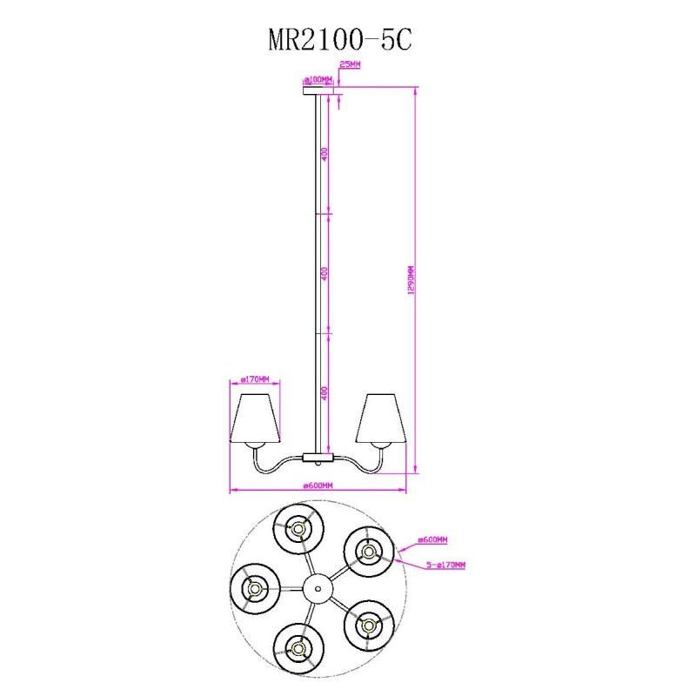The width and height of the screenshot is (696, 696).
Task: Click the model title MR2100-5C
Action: tap(340, 40)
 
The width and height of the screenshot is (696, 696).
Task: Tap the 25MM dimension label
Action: tap(350, 64)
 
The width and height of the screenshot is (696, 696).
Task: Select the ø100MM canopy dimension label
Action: tap(318, 80)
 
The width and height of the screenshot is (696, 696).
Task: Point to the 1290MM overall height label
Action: tap(411, 279)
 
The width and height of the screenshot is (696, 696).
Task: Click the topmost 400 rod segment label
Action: tap(325, 154)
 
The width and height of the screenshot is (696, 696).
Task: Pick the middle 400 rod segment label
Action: tap(325, 273)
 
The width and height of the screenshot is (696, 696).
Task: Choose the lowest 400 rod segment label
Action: tap(325, 393)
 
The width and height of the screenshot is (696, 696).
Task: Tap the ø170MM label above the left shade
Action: tap(255, 379)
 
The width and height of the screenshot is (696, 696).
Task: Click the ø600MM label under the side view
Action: tap(318, 485)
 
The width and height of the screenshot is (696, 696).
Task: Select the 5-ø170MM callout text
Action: tap(445, 565)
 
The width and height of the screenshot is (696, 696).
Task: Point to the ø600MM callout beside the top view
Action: tap(432, 539)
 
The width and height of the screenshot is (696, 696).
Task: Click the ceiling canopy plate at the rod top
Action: tap(318, 90)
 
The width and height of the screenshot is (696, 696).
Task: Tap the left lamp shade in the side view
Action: tap(255, 418)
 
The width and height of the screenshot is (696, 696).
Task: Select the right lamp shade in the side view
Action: tap(381, 418)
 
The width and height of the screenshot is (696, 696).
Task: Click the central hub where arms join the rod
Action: tap(318, 458)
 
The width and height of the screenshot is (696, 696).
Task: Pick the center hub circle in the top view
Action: tap(318, 589)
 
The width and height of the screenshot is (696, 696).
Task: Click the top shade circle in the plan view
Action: tap(298, 529)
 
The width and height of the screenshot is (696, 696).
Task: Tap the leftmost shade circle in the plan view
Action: tap(255, 589)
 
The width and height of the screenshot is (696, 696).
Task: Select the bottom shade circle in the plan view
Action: tap(298, 649)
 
